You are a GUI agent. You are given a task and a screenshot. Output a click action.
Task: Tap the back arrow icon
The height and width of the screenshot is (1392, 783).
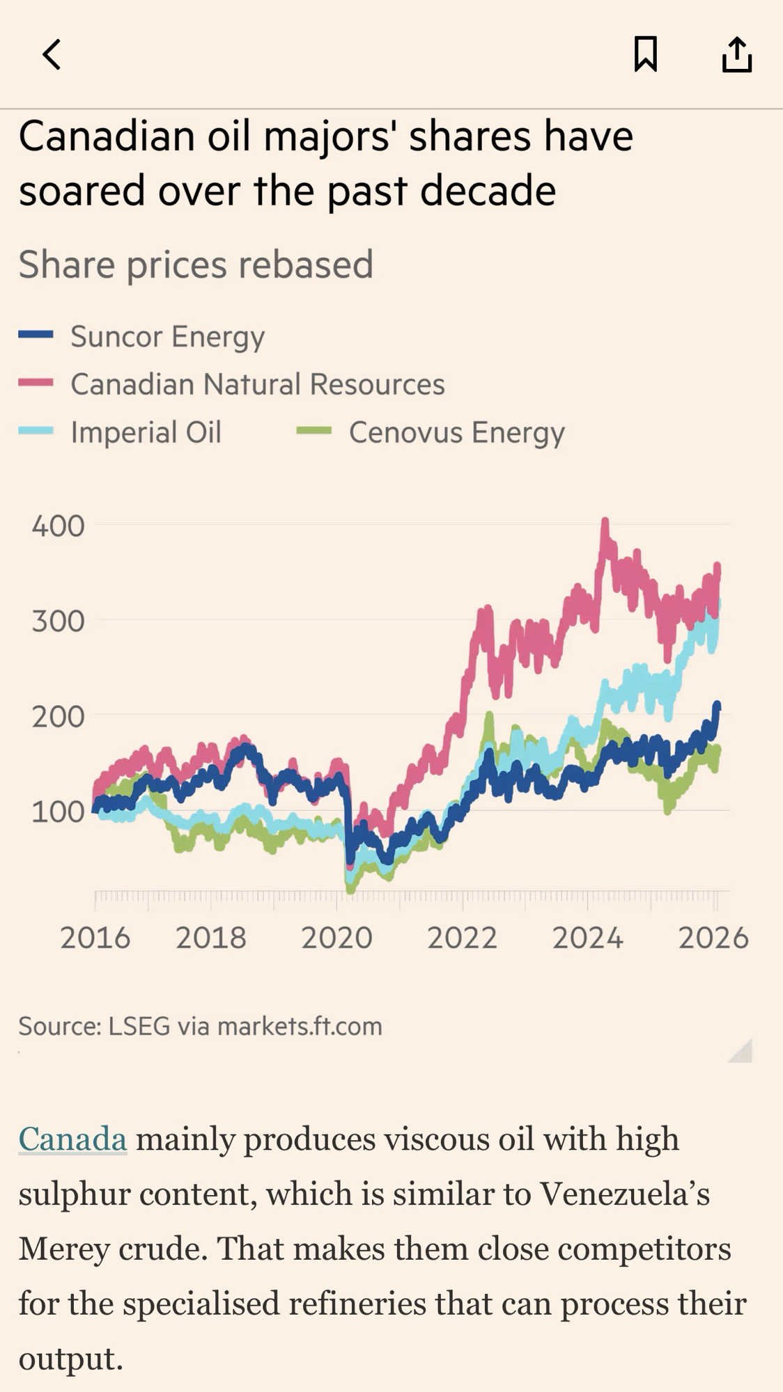point(52,54)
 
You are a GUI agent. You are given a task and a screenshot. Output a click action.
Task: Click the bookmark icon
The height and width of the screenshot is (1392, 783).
point(645,54)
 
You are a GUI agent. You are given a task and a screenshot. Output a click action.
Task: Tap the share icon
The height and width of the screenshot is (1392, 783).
point(736,54)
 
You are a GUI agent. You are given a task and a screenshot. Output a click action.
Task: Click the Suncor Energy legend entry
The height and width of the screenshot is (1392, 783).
point(167,336)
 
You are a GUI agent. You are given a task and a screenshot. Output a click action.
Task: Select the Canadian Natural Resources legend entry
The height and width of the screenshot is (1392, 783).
point(257,384)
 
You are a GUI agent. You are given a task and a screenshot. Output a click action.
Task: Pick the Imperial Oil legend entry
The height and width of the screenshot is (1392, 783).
point(146,432)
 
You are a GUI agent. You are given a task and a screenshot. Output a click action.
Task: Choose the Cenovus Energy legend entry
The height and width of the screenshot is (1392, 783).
point(456,432)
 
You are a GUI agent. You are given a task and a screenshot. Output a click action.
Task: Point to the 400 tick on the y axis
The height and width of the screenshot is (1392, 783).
point(59,526)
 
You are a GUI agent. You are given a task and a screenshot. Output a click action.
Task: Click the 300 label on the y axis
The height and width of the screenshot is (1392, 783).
point(59,621)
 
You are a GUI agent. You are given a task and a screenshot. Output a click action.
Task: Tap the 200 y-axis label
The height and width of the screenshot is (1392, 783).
point(59,716)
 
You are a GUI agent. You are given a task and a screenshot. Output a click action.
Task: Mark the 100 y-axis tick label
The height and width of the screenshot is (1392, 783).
point(59,812)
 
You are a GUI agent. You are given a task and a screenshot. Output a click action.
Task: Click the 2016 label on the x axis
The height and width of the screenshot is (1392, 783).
point(95,938)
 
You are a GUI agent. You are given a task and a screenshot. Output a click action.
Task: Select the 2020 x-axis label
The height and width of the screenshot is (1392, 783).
point(336,938)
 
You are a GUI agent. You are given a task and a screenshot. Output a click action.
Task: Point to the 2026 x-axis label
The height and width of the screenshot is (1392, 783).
point(713,938)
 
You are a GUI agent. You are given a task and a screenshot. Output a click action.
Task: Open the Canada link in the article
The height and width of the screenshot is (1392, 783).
point(72,1139)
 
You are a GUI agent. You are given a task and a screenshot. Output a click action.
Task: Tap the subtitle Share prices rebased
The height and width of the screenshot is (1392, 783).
point(196,264)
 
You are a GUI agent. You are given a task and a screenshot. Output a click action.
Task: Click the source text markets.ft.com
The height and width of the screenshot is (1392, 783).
point(300,1027)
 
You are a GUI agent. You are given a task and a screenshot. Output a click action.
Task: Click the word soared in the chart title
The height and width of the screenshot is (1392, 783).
point(83,191)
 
